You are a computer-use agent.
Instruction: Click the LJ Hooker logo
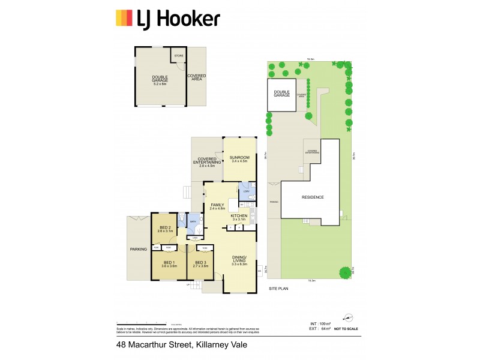pos(167,19)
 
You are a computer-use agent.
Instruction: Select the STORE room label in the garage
pos(178,56)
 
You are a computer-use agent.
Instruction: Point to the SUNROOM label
pos(239,157)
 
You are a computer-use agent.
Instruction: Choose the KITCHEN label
pos(239,216)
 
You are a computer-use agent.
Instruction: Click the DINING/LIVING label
pos(239,259)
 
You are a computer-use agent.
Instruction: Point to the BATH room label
pos(193,221)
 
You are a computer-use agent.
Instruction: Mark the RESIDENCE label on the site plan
pos(313,197)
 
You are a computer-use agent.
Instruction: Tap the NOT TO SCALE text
pos(346,329)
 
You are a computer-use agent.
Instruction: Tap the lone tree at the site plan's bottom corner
pos(345,273)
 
